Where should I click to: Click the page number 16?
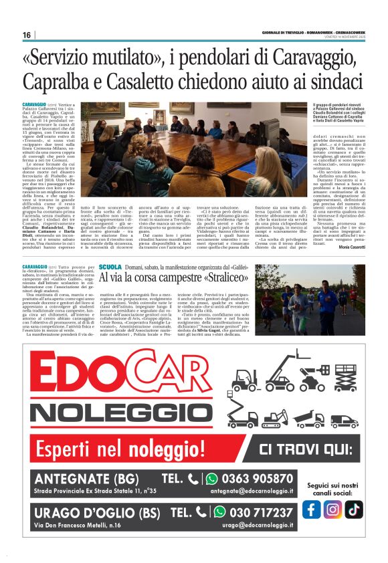point(27,35)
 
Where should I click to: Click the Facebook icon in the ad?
point(312,509)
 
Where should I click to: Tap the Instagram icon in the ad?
point(332,509)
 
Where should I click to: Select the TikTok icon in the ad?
point(353,509)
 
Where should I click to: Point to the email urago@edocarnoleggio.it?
point(258,526)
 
